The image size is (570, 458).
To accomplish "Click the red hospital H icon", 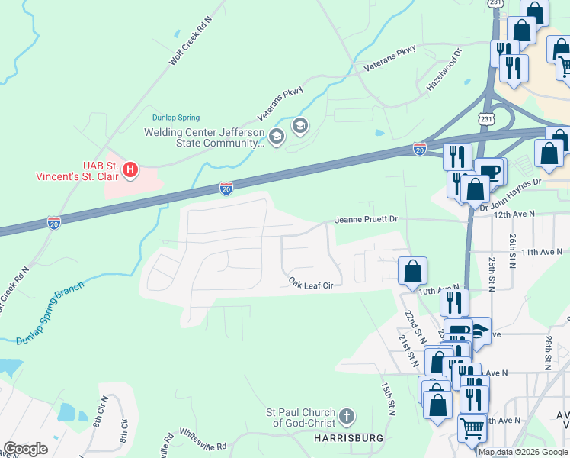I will click(130, 169).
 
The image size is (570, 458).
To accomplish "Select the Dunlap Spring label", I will click(175, 118).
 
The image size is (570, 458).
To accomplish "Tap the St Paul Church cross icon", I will click(347, 417).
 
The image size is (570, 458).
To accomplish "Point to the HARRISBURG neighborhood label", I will click(349, 438).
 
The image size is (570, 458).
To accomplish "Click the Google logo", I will click(25, 449).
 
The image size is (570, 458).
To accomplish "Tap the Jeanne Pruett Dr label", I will click(367, 220).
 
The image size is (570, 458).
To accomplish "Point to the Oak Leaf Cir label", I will click(312, 282).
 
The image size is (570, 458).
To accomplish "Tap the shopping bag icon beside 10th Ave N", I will click(412, 270).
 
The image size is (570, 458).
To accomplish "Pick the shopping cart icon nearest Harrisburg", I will click(472, 428).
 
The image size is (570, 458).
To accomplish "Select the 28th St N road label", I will click(548, 351).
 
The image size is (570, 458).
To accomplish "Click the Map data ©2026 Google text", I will click(523, 452).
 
